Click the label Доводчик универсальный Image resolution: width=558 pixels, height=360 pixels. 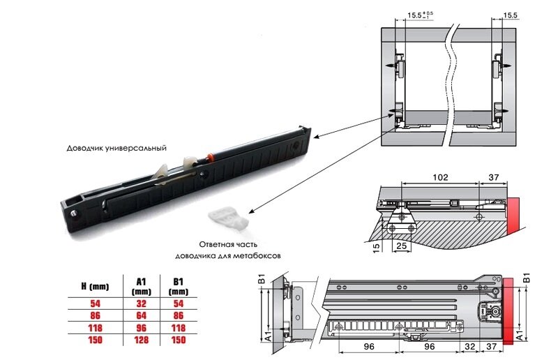(116, 148)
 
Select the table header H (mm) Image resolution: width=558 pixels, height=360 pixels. (95, 286)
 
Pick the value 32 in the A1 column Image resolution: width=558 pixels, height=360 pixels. (142, 303)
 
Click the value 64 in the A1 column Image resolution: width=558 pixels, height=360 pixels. (142, 315)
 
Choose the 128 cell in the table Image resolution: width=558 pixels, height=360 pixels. (142, 340)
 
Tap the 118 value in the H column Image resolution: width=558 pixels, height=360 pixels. (95, 328)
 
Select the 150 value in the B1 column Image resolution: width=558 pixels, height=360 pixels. (179, 340)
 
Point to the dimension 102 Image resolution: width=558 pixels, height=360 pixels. (440, 177)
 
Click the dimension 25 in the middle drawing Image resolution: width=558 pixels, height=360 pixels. (402, 246)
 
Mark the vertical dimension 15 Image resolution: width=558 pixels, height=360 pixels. (376, 246)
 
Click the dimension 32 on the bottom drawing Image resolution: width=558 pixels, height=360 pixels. (469, 346)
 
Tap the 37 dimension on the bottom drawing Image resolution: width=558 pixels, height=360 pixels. (492, 346)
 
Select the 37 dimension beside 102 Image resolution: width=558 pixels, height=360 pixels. (494, 177)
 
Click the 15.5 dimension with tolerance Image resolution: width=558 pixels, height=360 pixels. (421, 15)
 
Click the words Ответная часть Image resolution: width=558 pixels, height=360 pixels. (228, 244)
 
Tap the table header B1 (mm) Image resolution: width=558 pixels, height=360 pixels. (179, 286)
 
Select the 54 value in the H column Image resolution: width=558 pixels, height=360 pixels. (95, 303)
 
